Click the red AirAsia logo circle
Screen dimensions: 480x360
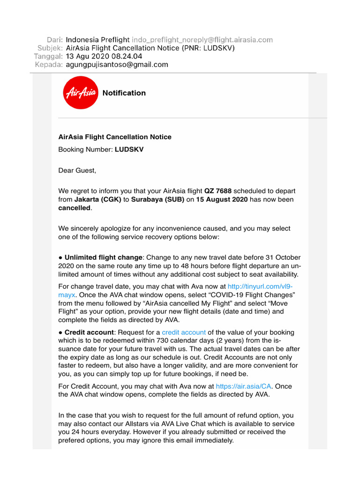80,92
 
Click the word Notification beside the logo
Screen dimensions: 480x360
124,93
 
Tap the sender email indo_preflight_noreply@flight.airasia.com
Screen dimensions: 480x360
202,40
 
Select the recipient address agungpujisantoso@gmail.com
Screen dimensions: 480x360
117,65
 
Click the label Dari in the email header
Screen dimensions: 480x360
54,40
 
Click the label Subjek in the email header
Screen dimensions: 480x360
50,48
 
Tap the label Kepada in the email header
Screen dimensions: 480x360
49,65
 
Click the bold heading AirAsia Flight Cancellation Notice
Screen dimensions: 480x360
115,137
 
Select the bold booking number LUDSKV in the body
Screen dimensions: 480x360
129,150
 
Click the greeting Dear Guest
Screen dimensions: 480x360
77,170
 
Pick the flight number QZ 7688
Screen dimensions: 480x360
218,191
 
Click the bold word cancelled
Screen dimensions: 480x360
74,208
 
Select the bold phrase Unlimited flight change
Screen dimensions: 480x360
103,257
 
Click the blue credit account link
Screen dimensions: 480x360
184,332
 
